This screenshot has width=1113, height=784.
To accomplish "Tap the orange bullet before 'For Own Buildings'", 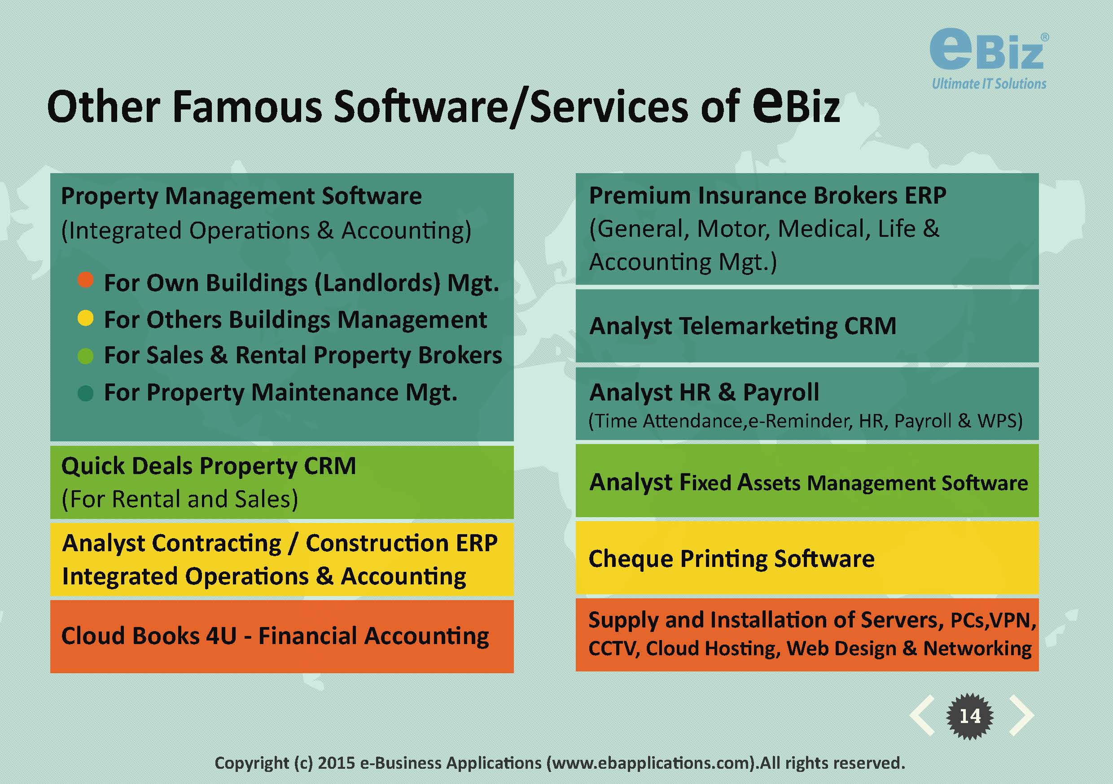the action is coord(85,279).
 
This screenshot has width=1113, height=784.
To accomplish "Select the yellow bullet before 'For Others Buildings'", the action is coord(85,318).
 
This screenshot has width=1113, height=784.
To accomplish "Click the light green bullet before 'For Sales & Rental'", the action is coord(85,356).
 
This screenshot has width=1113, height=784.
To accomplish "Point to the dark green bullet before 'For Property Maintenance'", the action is coord(85,393).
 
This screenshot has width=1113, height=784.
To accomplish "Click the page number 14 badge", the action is coord(970,716).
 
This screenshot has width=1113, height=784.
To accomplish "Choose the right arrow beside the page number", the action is coord(1021,716).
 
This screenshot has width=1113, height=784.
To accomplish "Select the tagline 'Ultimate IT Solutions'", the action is coord(989,83).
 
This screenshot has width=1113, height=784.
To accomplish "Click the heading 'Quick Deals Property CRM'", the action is coord(208,466).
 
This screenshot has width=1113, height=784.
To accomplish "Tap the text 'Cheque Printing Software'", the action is coord(732,559).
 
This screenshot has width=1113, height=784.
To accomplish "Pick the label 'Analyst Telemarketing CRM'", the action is coord(743,326).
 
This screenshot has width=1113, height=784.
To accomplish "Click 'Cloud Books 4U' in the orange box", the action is coord(149,636).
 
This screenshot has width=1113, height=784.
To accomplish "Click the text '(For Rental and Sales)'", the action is coord(180,500).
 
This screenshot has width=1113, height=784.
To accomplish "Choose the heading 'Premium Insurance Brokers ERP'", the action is coord(767,196).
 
